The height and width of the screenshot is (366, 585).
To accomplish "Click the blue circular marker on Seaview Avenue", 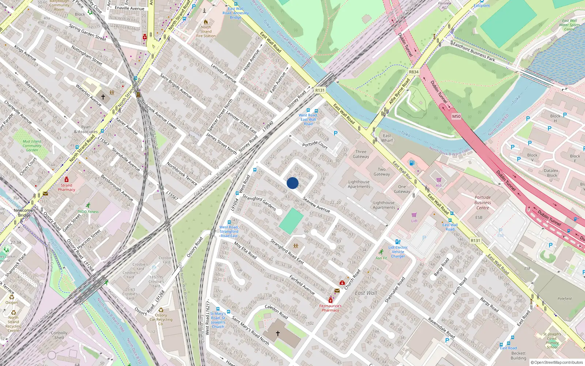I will pos(292,183).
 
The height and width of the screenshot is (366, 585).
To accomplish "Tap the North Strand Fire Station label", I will pos(206,31).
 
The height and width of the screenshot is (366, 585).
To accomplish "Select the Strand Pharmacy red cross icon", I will pos(67,179).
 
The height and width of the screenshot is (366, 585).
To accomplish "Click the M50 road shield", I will pos(456,116).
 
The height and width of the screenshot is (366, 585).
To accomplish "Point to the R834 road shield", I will pos(414,72).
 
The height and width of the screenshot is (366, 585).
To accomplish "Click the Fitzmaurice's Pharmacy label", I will pos(331,308).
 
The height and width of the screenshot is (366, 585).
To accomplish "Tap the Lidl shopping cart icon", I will pos(414,215).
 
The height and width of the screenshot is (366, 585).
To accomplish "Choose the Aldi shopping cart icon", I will pos(439,180).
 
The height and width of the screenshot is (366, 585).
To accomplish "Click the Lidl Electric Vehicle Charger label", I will pos(398,251).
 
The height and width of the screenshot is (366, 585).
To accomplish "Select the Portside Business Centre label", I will pos(483,202).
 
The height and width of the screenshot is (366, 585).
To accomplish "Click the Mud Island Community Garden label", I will pos(32,146).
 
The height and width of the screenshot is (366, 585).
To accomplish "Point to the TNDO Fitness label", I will pos(88,212).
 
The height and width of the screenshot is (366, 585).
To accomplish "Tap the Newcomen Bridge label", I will pos(24,213).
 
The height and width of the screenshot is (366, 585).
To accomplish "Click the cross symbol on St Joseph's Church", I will pos(278,333).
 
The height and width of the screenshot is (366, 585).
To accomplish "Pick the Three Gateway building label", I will pos(361,154).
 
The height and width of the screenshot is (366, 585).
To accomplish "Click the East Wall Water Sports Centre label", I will pos(569,25).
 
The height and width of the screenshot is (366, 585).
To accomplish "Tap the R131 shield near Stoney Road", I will pos(320,90).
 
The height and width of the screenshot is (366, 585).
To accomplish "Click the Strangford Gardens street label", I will pos(259,202).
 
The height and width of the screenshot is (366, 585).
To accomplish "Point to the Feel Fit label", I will pos(381,258).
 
